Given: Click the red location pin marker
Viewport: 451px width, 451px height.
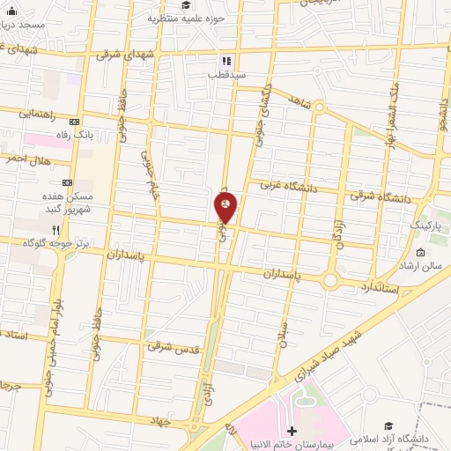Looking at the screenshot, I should click(226, 207).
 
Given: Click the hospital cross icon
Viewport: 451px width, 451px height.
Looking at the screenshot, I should click(291, 432).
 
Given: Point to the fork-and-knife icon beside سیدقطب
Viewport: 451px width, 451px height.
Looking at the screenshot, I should click(225, 62).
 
